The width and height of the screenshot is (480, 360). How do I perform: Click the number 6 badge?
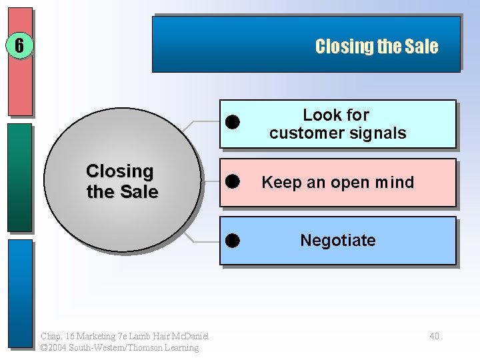coord(19,46)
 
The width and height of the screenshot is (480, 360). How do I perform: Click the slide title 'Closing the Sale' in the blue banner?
coord(376,46)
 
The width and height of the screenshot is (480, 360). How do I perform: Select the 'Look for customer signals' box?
coord(337,124)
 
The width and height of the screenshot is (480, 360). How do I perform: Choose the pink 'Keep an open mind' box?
coord(337,182)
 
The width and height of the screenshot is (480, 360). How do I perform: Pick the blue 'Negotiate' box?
coord(337,240)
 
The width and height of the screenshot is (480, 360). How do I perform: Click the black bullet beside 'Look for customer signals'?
coord(232,122)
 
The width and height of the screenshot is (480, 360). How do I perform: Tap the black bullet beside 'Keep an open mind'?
coord(232,181)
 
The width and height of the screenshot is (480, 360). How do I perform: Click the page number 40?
coord(434,336)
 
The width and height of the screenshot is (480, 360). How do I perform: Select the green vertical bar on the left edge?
coord(20,177)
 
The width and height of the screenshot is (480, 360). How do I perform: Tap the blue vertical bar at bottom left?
coord(20,293)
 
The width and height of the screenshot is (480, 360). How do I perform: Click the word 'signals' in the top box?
coord(381,133)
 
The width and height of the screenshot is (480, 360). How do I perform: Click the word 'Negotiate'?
coord(337,240)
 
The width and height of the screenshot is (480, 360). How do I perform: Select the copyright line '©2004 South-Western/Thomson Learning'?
coord(119,347)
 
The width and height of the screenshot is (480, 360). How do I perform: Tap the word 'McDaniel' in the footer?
coord(188,336)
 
